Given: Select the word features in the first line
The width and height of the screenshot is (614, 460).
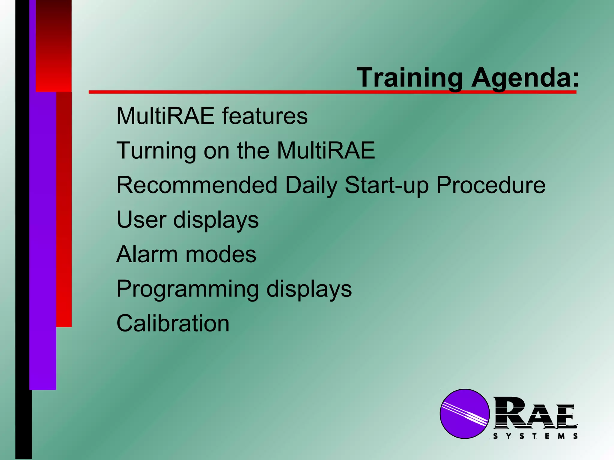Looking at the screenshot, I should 265,116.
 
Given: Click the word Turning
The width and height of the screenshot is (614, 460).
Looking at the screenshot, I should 156,151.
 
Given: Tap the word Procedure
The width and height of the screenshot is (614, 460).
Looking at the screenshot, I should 491,185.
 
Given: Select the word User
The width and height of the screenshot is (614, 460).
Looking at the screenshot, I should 141,220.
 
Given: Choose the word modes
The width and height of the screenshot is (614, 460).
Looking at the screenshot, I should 221,254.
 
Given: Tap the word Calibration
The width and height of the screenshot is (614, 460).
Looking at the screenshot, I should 173,323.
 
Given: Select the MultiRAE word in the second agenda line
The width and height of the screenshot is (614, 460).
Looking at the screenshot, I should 326,151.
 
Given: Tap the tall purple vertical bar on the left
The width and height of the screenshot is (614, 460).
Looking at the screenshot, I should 43,240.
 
